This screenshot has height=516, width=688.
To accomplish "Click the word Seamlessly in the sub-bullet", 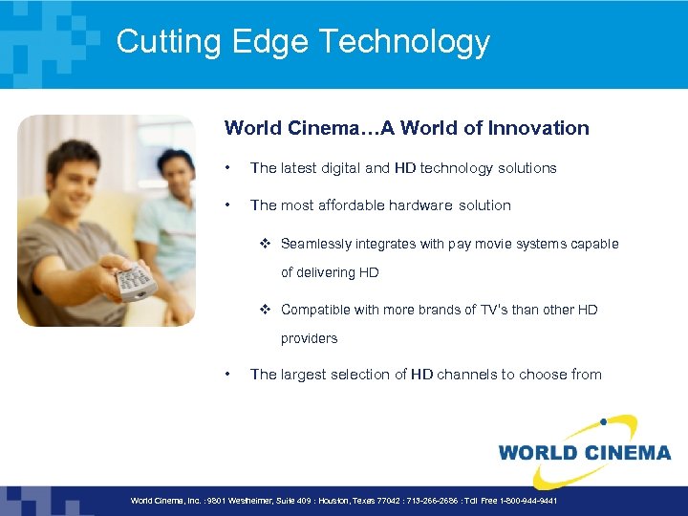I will coord(314,244).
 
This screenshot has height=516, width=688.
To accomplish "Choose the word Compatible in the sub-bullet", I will coord(315,310).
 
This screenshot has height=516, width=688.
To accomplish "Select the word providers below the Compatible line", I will coord(309,338).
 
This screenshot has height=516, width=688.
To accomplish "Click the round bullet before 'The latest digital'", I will coord(227,168).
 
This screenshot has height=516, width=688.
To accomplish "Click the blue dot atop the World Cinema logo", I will coord(603,420).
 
